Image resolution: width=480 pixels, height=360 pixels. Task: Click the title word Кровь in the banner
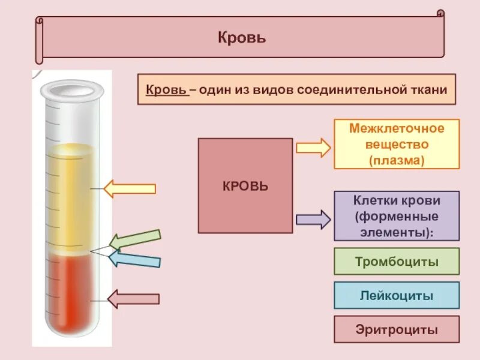242,38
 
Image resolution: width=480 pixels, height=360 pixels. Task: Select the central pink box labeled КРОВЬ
245,185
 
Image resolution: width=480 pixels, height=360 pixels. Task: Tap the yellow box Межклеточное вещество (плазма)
397,144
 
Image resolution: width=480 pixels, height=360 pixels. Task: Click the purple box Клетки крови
397,216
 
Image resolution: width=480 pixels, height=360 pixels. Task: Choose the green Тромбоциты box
397,262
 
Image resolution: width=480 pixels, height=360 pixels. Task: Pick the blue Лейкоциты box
397,295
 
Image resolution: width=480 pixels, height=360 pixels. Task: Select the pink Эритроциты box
397,329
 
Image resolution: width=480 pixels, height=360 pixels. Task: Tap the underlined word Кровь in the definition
166,89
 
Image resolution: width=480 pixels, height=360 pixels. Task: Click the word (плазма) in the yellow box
397,160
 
